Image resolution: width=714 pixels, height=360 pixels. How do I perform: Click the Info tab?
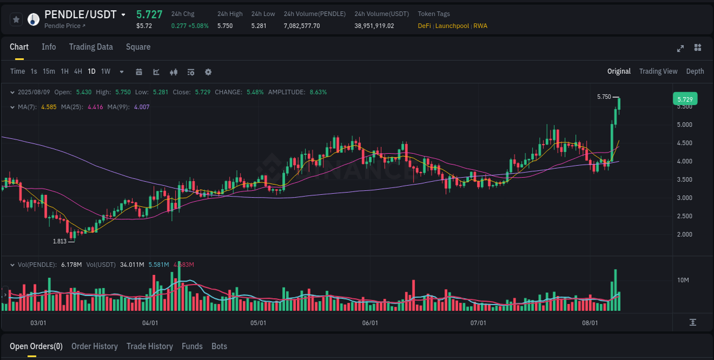point(49,47)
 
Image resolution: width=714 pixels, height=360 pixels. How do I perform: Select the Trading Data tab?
point(91,47)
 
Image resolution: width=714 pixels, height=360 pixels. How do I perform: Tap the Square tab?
point(138,47)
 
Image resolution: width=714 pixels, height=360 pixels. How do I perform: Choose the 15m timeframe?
point(49,71)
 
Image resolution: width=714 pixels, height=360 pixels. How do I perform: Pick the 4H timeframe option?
point(78,71)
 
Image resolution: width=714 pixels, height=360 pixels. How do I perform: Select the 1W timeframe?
point(106,71)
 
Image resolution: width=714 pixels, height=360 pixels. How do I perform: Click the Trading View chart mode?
point(658,71)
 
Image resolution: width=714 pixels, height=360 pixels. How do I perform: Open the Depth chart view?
point(695,71)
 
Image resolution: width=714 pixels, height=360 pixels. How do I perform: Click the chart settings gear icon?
point(208,72)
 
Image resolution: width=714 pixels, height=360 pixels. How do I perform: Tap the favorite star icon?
point(16,19)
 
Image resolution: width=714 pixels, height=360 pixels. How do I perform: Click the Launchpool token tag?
point(452,26)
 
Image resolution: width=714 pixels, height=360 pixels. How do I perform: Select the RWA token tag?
point(480,26)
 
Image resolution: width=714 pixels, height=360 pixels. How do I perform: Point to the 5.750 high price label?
point(604,97)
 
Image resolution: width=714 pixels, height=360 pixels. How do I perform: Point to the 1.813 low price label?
point(59,241)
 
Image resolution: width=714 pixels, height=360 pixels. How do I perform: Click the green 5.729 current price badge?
point(685,99)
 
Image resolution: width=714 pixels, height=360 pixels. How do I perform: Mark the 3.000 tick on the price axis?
point(685,198)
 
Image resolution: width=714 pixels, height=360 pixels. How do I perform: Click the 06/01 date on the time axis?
point(370,323)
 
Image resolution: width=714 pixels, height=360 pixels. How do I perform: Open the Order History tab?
point(94,346)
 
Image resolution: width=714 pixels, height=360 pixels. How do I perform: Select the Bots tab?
point(219,346)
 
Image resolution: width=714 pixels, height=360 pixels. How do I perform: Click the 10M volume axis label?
point(683,280)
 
